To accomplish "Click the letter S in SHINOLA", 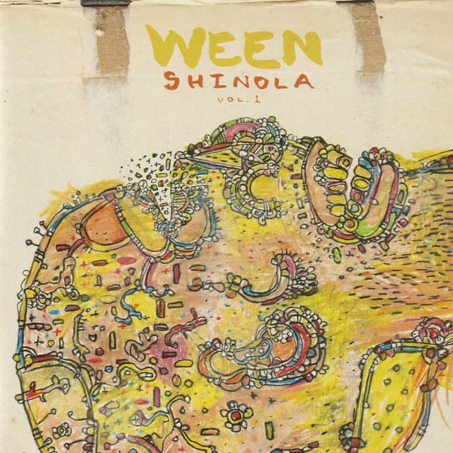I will (170, 80).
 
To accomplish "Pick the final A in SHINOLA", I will (304, 81).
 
